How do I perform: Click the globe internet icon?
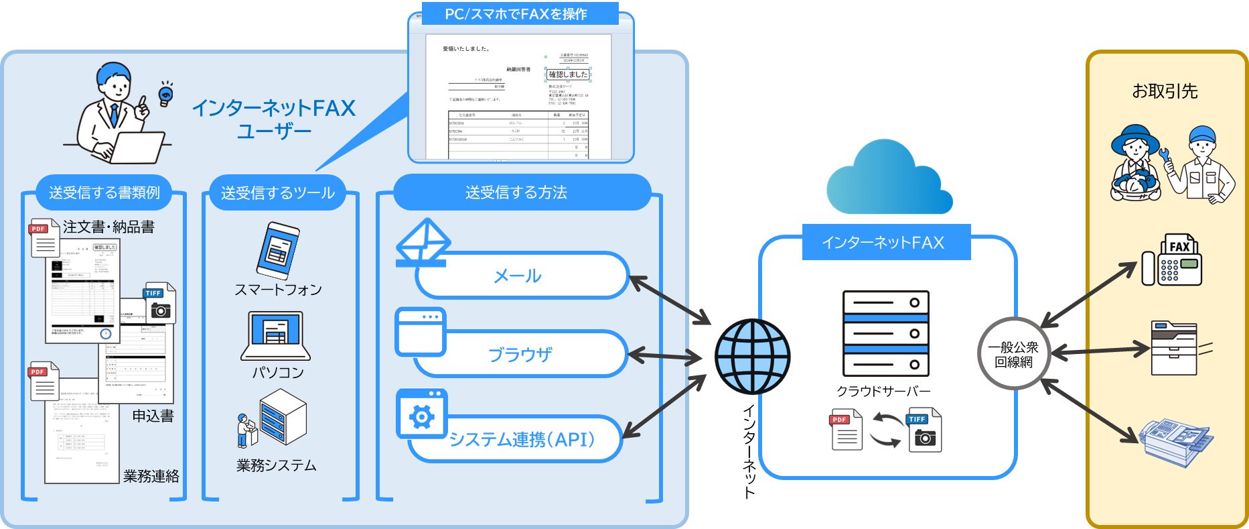point(752,356)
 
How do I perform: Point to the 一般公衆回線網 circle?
point(1013,353)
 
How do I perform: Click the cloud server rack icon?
point(885,333)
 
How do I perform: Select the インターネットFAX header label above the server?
point(885,242)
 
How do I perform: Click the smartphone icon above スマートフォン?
point(277,250)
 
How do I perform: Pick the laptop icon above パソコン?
point(276,336)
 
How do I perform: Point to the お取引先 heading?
point(1165,91)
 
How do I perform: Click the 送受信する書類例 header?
point(104,192)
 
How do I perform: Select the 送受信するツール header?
point(277,193)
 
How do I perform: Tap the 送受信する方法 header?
point(516,192)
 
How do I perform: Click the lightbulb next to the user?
point(165,95)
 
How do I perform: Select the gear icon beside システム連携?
point(421,416)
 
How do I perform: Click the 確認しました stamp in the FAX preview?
point(568,74)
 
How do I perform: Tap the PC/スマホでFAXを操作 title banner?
point(516,14)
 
